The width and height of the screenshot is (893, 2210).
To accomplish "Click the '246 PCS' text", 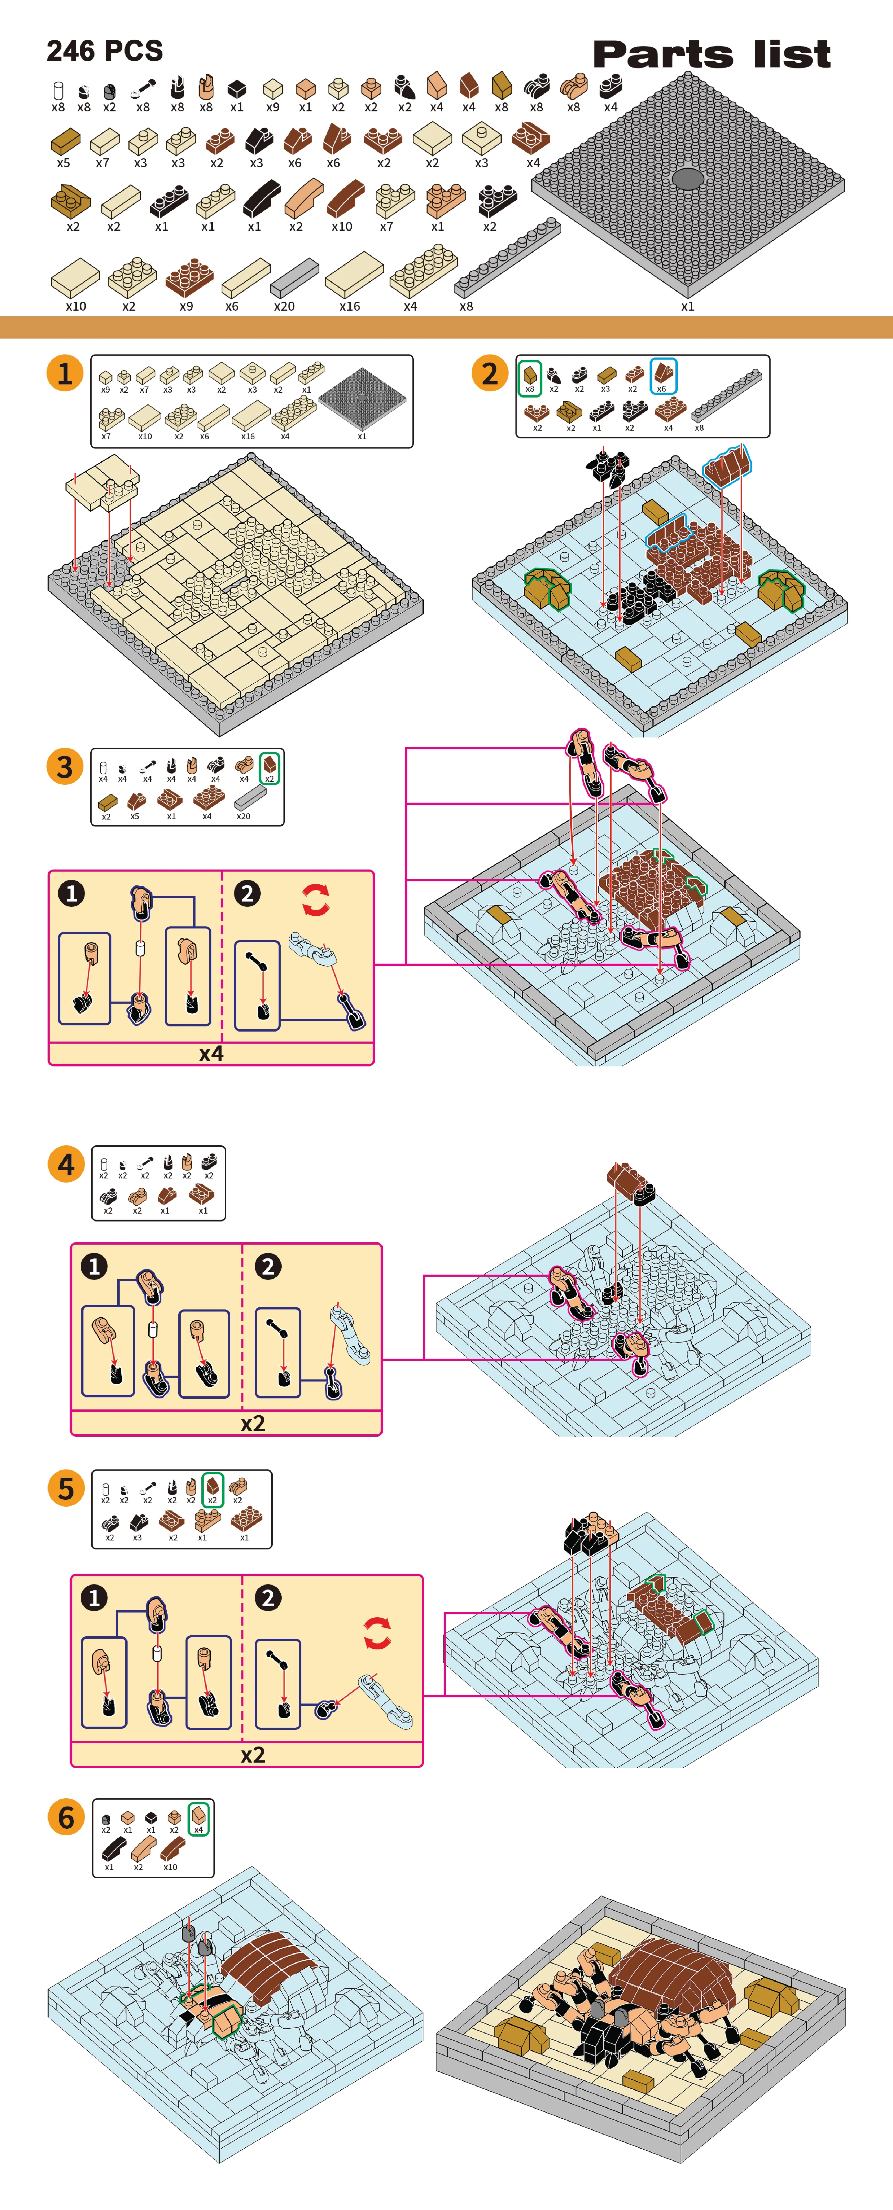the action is coord(105,51).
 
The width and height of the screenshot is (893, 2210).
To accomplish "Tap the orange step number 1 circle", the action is coord(64,373).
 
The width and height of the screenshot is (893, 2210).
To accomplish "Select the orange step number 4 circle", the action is coord(66,1165).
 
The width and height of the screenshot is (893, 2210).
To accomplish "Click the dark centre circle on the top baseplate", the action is coord(687,179).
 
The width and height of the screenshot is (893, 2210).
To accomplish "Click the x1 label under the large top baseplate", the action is coord(688,306).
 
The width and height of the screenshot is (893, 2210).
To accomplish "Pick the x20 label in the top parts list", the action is coord(284,306).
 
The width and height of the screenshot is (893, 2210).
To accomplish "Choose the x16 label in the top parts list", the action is coord(349,306).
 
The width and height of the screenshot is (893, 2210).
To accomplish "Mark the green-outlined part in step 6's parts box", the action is coord(198,1818).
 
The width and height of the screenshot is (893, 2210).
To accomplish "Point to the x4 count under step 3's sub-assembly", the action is coord(211,1054).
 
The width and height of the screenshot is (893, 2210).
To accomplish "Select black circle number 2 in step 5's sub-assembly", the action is coord(268,1597).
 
